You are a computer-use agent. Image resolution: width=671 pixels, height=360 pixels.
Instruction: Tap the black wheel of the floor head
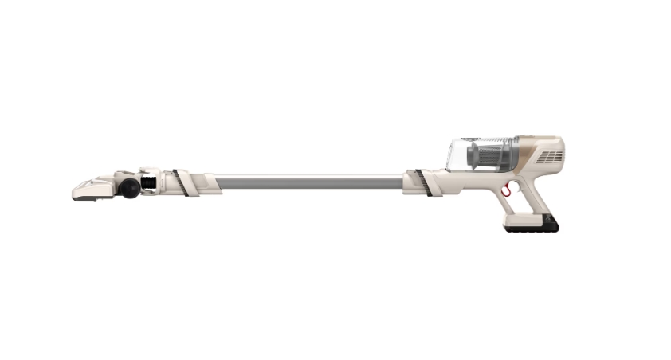(x=128, y=187)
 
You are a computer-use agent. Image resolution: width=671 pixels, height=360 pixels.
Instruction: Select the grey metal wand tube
(x=311, y=182)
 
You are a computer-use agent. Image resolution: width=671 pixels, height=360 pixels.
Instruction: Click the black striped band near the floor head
(x=182, y=181)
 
